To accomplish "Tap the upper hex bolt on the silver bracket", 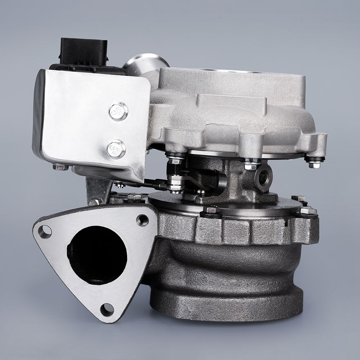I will coord(118,111).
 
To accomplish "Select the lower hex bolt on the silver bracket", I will coord(116,149).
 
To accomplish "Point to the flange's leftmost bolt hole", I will coord(45,231).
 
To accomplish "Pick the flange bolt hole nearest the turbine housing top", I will coord(142,220).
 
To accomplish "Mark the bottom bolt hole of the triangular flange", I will coord(107,309).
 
